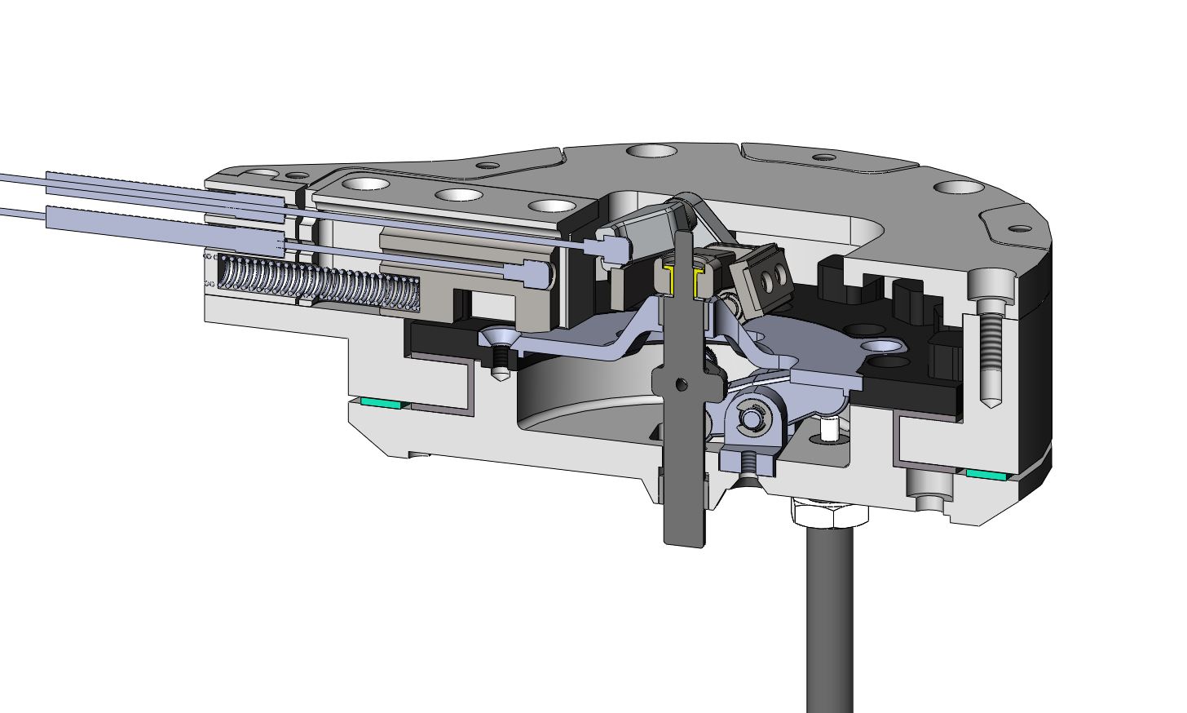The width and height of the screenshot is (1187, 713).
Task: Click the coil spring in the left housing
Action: pyautogui.click(x=318, y=284)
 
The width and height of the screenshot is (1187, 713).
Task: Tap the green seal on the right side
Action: pyautogui.click(x=987, y=473)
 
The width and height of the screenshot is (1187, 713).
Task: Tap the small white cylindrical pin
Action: pyautogui.click(x=830, y=428)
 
